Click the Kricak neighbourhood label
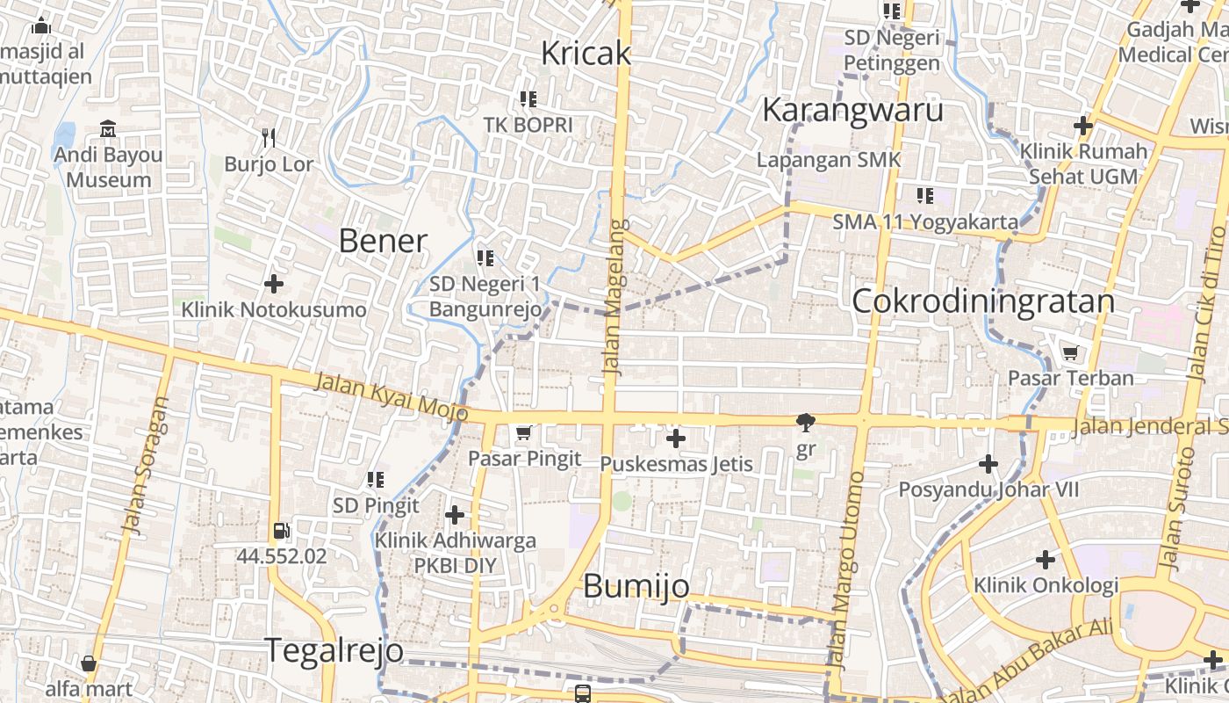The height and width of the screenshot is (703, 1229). pyautogui.click(x=586, y=54)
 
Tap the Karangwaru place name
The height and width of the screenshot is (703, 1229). pyautogui.click(x=852, y=111)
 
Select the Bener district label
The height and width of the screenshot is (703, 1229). pyautogui.click(x=383, y=241)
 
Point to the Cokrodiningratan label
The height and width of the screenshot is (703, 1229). pyautogui.click(x=983, y=301)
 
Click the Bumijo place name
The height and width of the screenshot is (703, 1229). pyautogui.click(x=636, y=586)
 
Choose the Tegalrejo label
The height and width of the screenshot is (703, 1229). pyautogui.click(x=334, y=650)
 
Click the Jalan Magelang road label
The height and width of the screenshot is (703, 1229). pyautogui.click(x=614, y=297)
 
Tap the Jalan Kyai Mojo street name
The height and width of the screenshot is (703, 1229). pyautogui.click(x=391, y=396)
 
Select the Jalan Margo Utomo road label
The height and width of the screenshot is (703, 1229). pyautogui.click(x=844, y=571)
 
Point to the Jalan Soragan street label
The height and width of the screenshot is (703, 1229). pyautogui.click(x=145, y=466)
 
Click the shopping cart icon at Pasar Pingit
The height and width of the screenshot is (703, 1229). pyautogui.click(x=524, y=432)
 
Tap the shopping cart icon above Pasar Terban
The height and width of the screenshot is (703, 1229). pyautogui.click(x=1070, y=353)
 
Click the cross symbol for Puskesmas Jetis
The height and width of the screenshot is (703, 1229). pyautogui.click(x=676, y=438)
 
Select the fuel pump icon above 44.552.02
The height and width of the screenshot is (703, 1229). pyautogui.click(x=281, y=531)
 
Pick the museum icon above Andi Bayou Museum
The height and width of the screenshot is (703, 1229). pyautogui.click(x=108, y=130)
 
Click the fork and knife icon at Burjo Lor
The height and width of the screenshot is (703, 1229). pyautogui.click(x=269, y=138)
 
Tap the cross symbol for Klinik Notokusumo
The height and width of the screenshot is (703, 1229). pyautogui.click(x=274, y=284)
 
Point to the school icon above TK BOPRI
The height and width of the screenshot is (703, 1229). pyautogui.click(x=528, y=99)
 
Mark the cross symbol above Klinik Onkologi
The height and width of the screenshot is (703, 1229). pyautogui.click(x=1045, y=559)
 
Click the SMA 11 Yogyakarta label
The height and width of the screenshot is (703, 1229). pyautogui.click(x=925, y=222)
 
